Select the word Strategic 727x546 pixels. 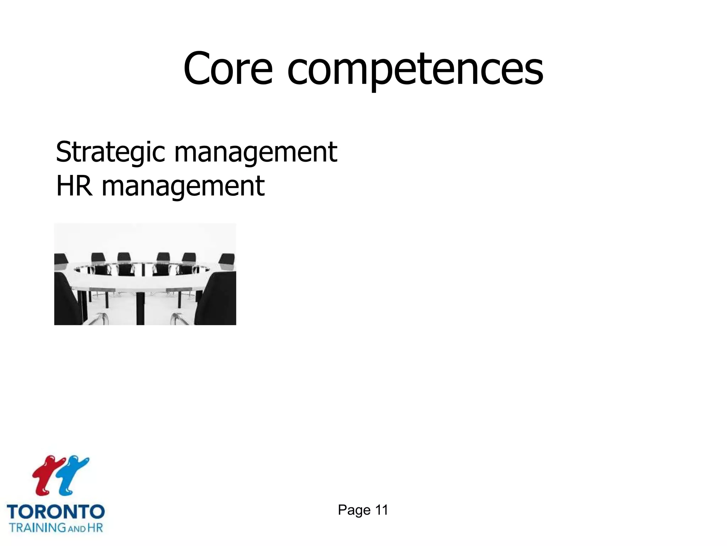click(x=110, y=152)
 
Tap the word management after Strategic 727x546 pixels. click(x=256, y=153)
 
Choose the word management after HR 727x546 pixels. click(x=183, y=187)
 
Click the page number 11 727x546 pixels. click(x=382, y=510)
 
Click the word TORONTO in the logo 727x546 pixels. click(x=56, y=512)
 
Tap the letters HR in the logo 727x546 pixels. click(x=95, y=527)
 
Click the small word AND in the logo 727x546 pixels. click(x=77, y=529)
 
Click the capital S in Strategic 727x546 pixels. click(x=65, y=152)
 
